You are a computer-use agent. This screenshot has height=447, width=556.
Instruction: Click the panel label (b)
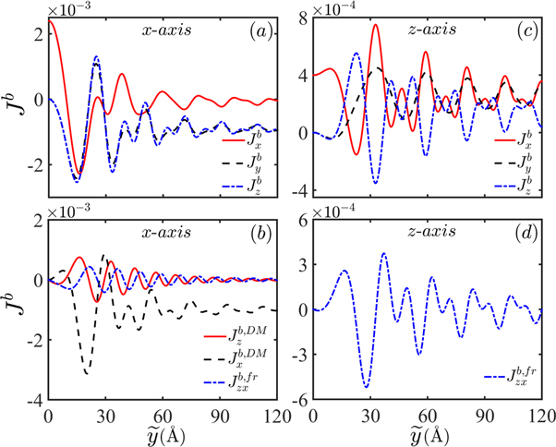click(252, 236)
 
